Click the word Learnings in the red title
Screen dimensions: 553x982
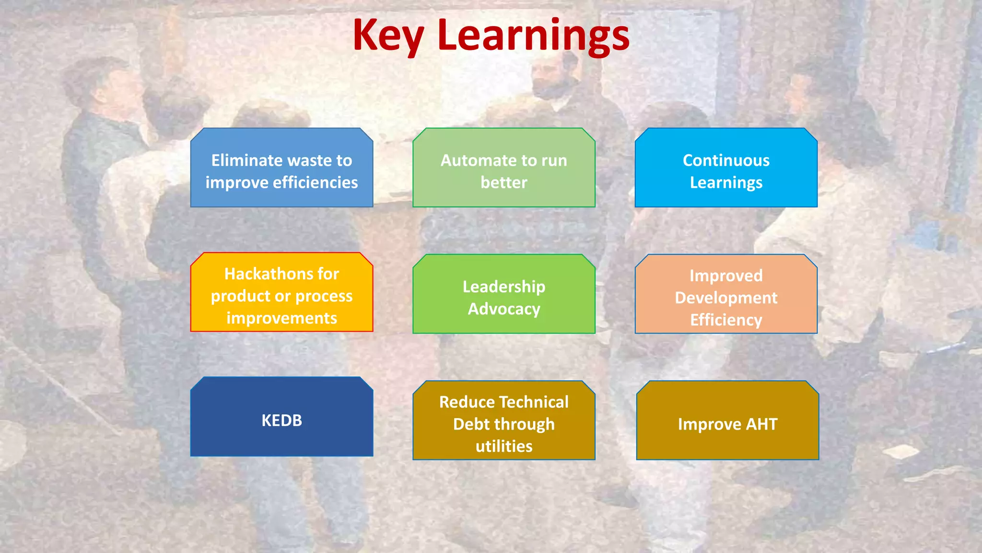pyautogui.click(x=533, y=36)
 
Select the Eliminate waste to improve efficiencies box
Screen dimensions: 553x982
pyautogui.click(x=281, y=168)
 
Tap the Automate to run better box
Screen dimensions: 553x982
pyautogui.click(x=503, y=168)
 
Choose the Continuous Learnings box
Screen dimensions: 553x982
pyautogui.click(x=726, y=168)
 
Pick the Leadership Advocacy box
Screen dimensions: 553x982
pyautogui.click(x=503, y=294)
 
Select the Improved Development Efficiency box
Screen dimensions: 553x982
pyautogui.click(x=726, y=294)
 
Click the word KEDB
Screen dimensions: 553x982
pyautogui.click(x=281, y=421)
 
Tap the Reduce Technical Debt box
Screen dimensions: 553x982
pyautogui.click(x=503, y=421)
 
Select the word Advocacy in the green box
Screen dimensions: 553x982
pyautogui.click(x=504, y=309)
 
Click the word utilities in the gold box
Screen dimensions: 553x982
pyautogui.click(x=504, y=446)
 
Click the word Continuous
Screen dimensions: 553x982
pyautogui.click(x=726, y=160)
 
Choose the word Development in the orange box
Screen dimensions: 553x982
pyautogui.click(x=726, y=298)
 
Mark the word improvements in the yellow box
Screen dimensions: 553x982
pyautogui.click(x=281, y=318)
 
